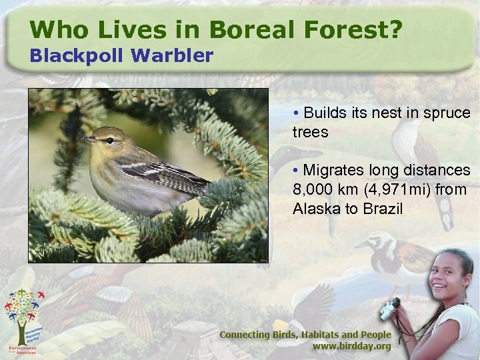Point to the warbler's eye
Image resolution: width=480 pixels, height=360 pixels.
pos(109,140)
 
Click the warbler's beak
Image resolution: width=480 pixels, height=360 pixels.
pos(89,138)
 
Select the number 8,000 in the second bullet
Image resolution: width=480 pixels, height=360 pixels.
pos(314,190)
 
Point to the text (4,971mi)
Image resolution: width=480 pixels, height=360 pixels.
pos(393,190)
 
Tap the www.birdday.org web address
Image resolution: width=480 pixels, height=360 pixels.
pos(352,347)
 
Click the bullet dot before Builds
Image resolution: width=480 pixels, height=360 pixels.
pos(295,113)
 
